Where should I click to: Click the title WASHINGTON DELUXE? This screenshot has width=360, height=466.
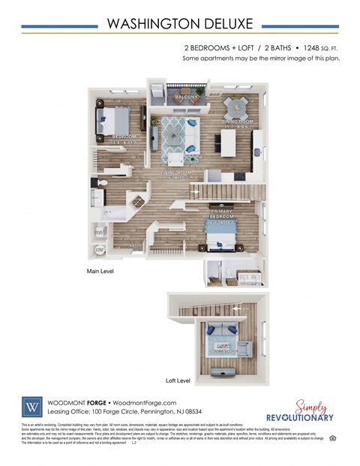pos(179,23)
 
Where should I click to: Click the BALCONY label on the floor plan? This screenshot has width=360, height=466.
pos(186,97)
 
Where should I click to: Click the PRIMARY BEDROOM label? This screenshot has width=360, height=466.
pos(223,217)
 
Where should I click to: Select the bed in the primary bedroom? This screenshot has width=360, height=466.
pos(222,239)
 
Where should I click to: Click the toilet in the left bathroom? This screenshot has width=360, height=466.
pos(102,182)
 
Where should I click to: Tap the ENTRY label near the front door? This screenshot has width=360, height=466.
pos(136,245)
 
